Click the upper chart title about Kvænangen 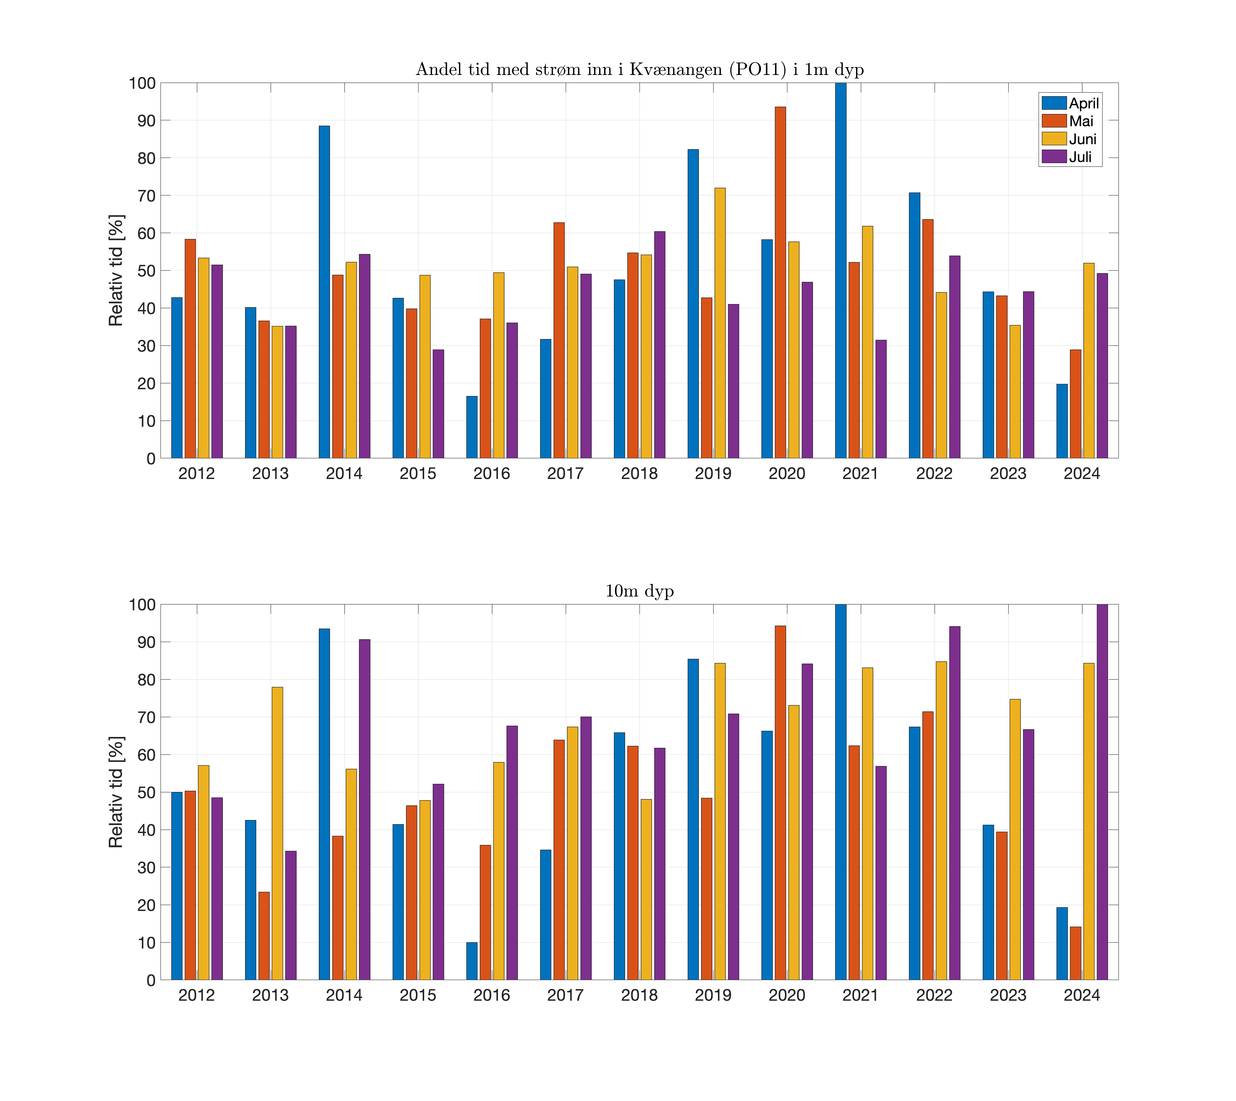[640, 70]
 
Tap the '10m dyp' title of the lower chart [640, 591]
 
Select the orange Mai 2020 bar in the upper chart [780, 282]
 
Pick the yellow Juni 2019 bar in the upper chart [720, 323]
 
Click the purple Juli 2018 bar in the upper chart [660, 345]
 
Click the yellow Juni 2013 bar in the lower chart [277, 834]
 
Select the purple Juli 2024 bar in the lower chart [1102, 792]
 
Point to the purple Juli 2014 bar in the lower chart [364, 810]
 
